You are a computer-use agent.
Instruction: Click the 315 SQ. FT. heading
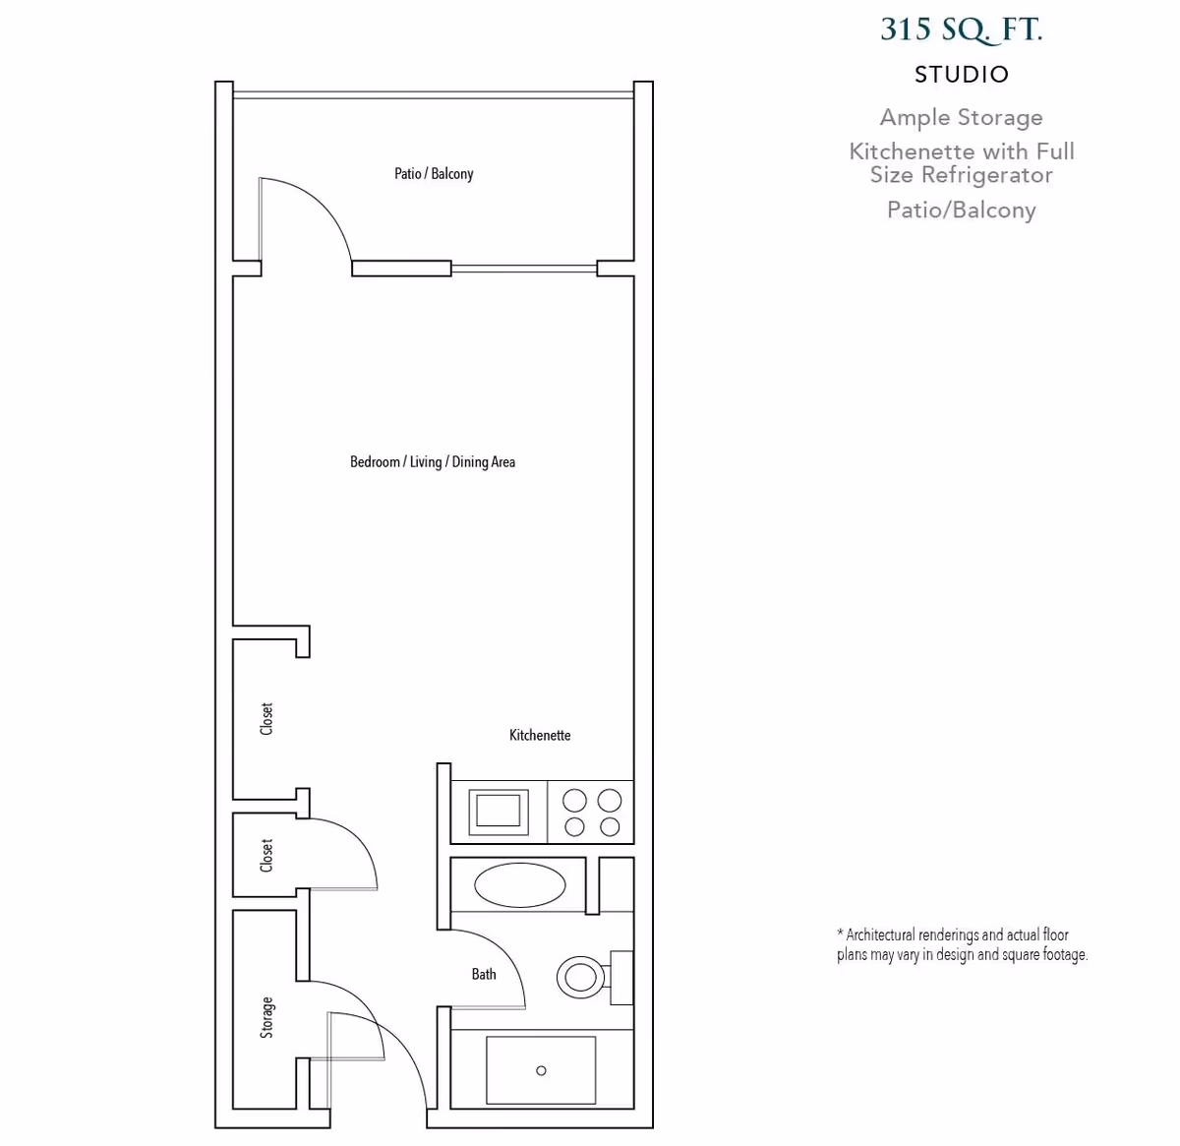(961, 30)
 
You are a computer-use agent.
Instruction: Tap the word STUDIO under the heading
(961, 75)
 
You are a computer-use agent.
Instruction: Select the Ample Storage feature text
(961, 118)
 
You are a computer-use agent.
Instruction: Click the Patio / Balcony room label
(434, 174)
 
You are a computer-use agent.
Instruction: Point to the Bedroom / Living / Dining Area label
(433, 462)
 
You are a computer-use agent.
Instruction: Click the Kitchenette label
(540, 735)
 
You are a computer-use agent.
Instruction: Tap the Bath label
(484, 974)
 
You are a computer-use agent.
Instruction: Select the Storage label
(266, 1017)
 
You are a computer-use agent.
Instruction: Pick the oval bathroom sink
(520, 885)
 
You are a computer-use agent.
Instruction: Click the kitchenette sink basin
(499, 811)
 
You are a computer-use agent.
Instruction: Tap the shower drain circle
(541, 1070)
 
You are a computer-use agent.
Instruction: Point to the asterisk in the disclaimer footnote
(841, 934)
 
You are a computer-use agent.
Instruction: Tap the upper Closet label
(266, 719)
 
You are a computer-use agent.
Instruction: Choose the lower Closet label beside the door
(266, 855)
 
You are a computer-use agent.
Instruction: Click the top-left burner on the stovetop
(574, 800)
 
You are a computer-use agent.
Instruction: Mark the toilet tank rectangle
(620, 977)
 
